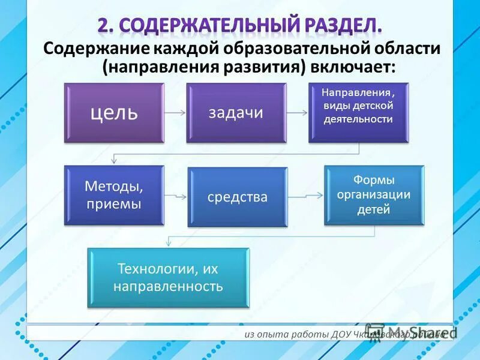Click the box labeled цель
coord(114,113)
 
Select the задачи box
coord(236,113)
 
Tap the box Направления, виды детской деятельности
coord(358,113)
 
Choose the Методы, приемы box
coord(114,195)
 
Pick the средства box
coord(238,197)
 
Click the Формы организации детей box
coord(374,195)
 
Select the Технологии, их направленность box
coord(168,278)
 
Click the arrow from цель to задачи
coord(175,112)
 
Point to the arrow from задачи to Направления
coord(297,112)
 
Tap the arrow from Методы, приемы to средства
coord(176,196)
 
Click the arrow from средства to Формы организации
coord(305,196)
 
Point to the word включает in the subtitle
coord(351,67)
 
